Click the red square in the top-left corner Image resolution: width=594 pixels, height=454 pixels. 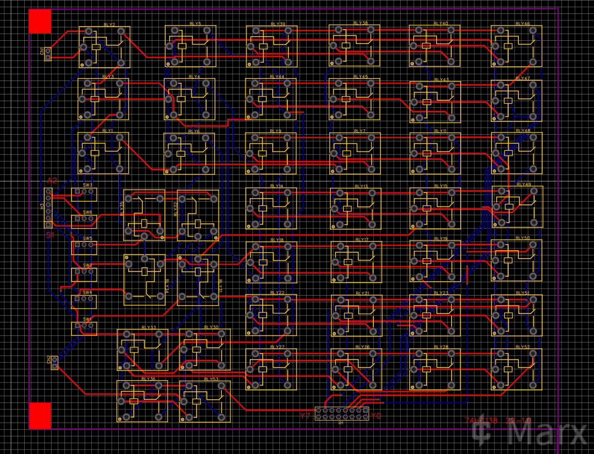tap(40, 21)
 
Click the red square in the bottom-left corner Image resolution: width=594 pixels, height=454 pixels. tap(40, 415)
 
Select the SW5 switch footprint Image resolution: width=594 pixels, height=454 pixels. tap(84, 247)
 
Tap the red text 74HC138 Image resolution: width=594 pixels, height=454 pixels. tap(481, 421)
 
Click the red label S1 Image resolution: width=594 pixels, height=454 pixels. tap(50, 235)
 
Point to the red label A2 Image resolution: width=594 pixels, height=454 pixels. tap(52, 180)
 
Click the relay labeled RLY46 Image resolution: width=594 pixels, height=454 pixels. tap(516, 46)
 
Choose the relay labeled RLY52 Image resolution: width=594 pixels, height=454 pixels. tap(516, 369)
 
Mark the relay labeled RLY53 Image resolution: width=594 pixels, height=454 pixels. tap(205, 401)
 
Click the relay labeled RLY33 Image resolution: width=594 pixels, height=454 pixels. tap(142, 349)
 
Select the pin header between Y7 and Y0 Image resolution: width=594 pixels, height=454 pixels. tap(342, 414)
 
